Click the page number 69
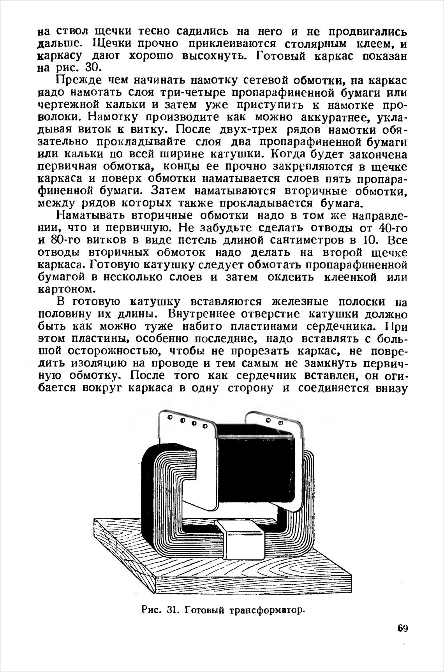pos(402,628)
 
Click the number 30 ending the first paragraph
pos(93,67)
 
